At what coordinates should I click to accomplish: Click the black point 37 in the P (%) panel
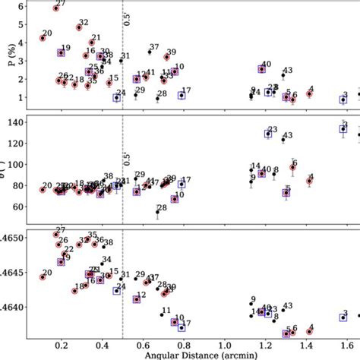click(x=148, y=54)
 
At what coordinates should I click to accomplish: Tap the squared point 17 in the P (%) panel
click(x=182, y=96)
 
